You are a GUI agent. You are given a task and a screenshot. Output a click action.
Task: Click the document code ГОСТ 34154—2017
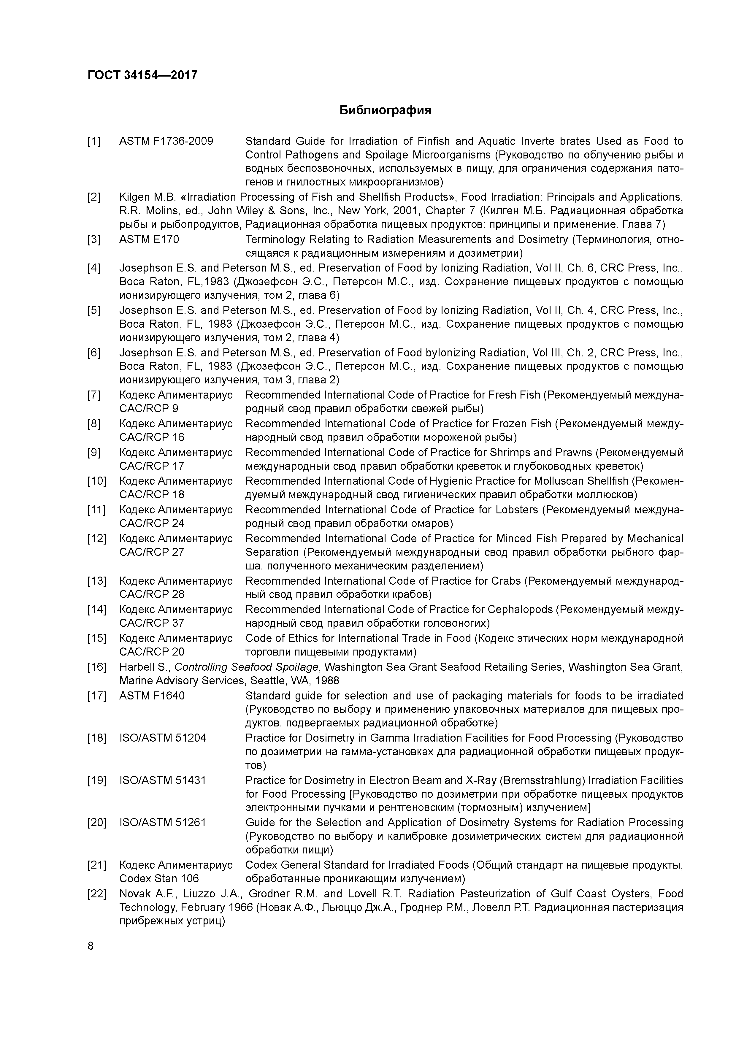[142, 75]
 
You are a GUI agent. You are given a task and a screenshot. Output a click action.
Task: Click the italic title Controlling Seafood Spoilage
[247, 667]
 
